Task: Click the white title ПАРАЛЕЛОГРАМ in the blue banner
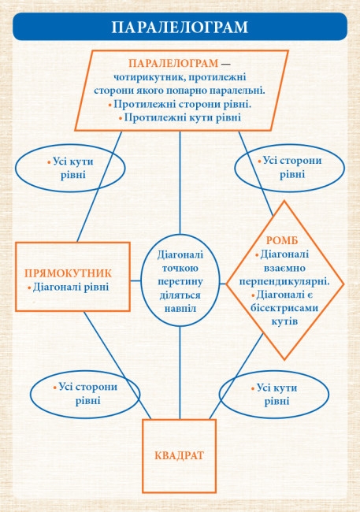180,27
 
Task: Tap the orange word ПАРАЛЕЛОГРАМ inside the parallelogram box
173,63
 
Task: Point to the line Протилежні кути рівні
180,117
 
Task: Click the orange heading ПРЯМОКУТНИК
69,273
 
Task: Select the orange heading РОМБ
282,240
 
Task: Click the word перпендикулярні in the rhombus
284,281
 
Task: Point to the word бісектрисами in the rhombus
284,308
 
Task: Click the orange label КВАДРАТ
180,455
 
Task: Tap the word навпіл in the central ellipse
180,308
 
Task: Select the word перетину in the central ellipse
180,281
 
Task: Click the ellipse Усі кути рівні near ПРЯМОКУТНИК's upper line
125,168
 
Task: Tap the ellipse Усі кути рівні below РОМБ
328,395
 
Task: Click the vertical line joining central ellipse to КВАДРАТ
180,373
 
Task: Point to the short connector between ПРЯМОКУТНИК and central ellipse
135,280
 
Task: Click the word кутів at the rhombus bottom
284,321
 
